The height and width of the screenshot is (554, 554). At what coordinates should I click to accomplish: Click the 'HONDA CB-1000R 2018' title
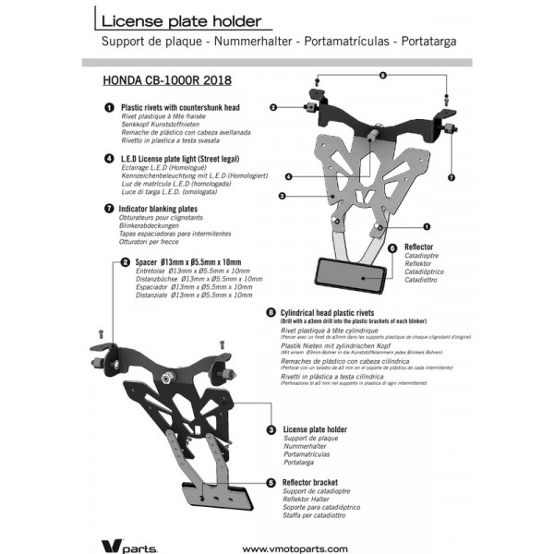click(x=169, y=81)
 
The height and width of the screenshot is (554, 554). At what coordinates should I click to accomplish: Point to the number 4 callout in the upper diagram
click(x=289, y=176)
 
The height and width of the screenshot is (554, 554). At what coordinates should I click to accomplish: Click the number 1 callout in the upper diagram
click(x=428, y=225)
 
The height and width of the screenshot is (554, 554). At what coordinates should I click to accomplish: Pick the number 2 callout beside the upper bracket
click(x=274, y=108)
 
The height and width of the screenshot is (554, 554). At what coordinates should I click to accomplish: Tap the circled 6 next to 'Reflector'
click(x=392, y=247)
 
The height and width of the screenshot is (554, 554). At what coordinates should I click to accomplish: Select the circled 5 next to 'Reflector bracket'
click(x=271, y=482)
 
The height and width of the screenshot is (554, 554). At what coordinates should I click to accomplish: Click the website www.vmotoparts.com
click(x=295, y=548)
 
